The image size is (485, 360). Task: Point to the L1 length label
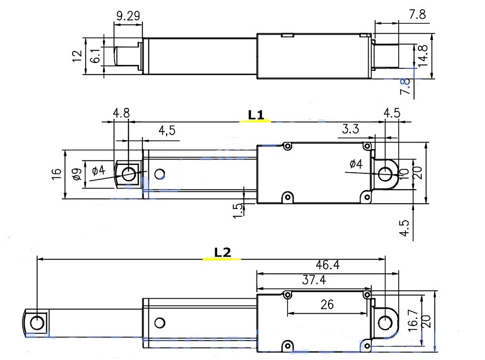(x=255, y=113)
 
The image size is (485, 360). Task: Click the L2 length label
(x=222, y=252)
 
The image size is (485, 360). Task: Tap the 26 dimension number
(x=327, y=305)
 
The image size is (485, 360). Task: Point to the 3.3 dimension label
(x=350, y=129)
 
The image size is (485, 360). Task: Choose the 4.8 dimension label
(x=121, y=113)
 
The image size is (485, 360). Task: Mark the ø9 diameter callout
(x=76, y=175)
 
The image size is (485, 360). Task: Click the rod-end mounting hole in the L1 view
(x=129, y=174)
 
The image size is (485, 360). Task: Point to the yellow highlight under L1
(x=255, y=121)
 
